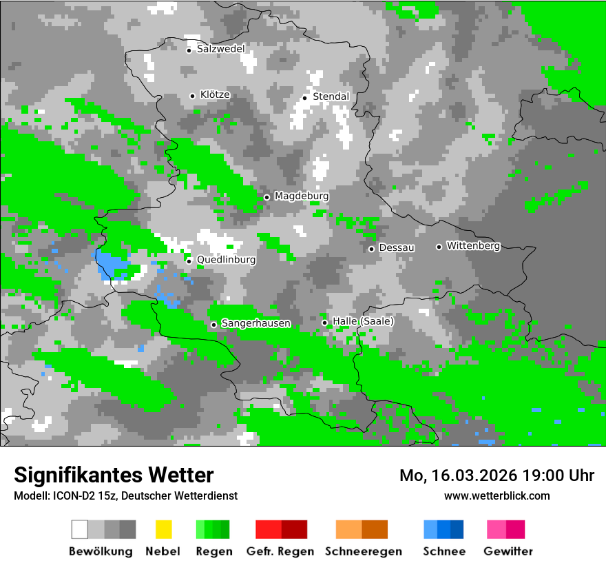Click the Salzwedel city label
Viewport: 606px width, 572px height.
tap(220, 49)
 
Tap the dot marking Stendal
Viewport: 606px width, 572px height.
tap(305, 97)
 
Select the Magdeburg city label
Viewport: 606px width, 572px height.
tap(302, 196)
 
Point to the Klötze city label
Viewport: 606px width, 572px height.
tap(215, 95)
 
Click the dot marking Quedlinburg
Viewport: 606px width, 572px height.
tap(189, 261)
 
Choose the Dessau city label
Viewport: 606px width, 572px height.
tap(397, 248)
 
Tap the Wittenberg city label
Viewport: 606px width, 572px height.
tap(473, 246)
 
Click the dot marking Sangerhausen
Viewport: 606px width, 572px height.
tap(214, 325)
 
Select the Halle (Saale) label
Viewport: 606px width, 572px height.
tap(363, 322)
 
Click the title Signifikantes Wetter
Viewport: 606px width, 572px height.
tap(114, 476)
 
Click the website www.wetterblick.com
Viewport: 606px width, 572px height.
tap(497, 496)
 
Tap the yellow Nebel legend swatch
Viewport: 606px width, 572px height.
tap(163, 529)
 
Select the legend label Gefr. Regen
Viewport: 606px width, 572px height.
tap(280, 551)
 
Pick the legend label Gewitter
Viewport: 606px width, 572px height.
tap(508, 551)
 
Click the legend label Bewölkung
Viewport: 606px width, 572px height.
tap(101, 551)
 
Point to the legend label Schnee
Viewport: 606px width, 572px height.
tap(444, 551)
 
